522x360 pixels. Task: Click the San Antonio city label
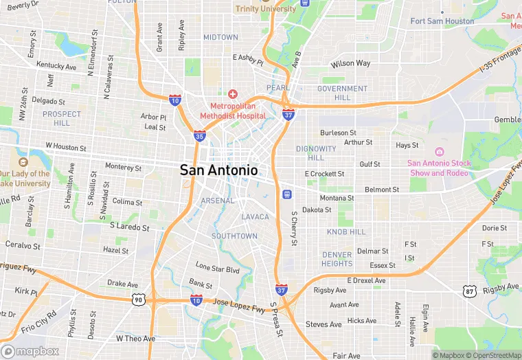pyautogui.click(x=219, y=170)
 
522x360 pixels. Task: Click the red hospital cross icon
pyautogui.click(x=233, y=93)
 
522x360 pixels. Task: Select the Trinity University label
pyautogui.click(x=265, y=8)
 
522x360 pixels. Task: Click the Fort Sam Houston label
pyautogui.click(x=442, y=21)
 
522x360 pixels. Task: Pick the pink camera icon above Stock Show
pyautogui.click(x=440, y=151)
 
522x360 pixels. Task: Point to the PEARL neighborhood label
pyautogui.click(x=278, y=89)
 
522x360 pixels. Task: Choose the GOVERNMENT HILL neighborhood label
pyautogui.click(x=342, y=93)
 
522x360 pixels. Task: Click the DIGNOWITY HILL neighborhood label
pyautogui.click(x=316, y=153)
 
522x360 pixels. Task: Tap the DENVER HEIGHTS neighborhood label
pyautogui.click(x=337, y=259)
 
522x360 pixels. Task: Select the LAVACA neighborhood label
pyautogui.click(x=256, y=217)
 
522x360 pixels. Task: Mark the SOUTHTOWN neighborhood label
pyautogui.click(x=234, y=236)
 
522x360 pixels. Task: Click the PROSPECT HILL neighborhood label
pyautogui.click(x=62, y=118)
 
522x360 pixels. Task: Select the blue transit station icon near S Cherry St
pyautogui.click(x=286, y=194)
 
